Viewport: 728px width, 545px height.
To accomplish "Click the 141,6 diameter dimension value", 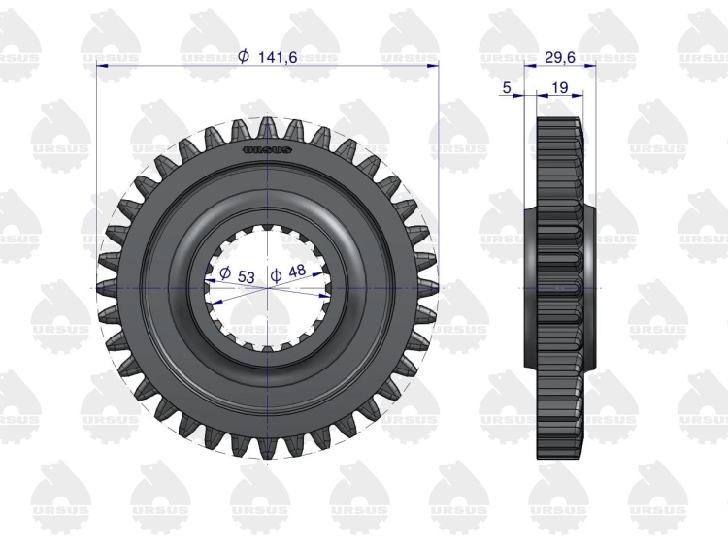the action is (x=278, y=57).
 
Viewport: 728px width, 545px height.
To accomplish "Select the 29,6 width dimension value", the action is (x=559, y=57).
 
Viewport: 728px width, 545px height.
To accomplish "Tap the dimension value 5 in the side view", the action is (x=507, y=86).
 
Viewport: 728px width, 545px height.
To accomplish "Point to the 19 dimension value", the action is (x=561, y=87).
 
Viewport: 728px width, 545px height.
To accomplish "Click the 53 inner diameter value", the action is (x=247, y=277).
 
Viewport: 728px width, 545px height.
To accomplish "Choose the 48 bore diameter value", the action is (x=297, y=272).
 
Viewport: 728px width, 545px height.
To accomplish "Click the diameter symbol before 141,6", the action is (x=244, y=56).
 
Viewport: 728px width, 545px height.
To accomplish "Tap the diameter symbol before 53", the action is (x=225, y=272).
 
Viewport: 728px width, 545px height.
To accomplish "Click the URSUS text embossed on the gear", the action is (x=268, y=150).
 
